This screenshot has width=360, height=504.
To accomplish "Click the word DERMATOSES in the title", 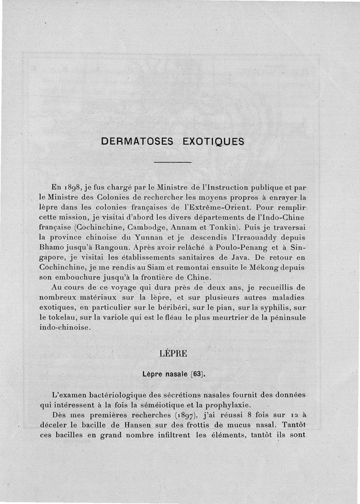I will point(137,141).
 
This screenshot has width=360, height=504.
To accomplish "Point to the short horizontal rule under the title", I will point(173,162).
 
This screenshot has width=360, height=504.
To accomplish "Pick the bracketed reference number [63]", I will point(197,373).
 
